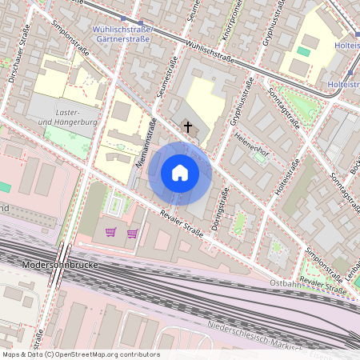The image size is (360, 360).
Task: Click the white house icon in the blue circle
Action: click(x=180, y=173)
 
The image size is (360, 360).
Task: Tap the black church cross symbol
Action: click(x=189, y=126)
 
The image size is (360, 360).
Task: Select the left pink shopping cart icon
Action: click(x=111, y=233)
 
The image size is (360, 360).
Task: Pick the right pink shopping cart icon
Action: click(x=132, y=233)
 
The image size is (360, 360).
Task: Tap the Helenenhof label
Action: click(x=250, y=147)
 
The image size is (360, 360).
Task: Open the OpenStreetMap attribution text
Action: click(x=81, y=354)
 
